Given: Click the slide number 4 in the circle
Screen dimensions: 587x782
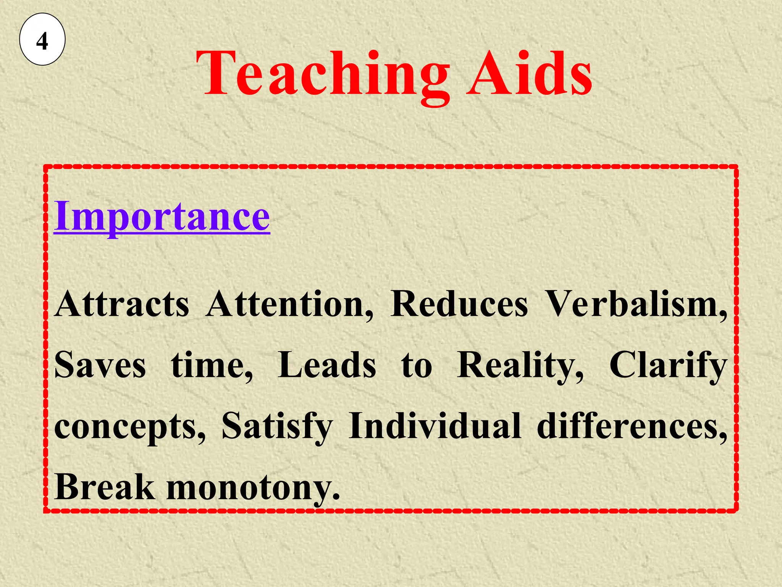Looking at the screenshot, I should click(42, 41).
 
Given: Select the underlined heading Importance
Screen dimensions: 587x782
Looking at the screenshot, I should click(162, 216).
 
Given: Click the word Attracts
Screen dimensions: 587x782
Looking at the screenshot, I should click(122, 304).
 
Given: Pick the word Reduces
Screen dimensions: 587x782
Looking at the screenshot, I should click(459, 304).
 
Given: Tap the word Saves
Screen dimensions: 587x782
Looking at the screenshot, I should click(100, 365).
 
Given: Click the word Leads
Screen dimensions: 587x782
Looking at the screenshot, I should click(327, 365).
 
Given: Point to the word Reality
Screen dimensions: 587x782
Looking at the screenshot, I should click(520, 365).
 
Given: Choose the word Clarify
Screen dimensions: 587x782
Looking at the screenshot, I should click(668, 365).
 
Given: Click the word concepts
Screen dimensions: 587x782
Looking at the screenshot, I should click(129, 426).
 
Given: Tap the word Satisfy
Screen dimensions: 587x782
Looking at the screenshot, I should click(277, 426).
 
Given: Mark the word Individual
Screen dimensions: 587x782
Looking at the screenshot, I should click(435, 426).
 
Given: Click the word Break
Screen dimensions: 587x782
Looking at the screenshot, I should click(105, 487).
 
